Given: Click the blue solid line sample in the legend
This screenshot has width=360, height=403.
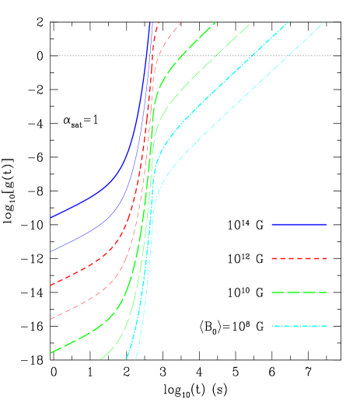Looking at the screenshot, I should [x=299, y=224].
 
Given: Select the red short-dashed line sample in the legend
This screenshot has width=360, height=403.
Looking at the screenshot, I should [x=299, y=258].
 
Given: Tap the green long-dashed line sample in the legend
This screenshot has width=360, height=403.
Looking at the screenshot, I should [x=299, y=292].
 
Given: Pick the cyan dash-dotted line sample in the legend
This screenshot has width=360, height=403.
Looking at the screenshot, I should [x=299, y=326].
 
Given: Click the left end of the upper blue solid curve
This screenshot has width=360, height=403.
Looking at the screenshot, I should [x=51, y=218].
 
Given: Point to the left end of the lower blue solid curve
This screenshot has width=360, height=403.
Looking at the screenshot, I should [x=51, y=251].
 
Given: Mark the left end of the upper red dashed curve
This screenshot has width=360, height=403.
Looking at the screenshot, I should [x=51, y=285].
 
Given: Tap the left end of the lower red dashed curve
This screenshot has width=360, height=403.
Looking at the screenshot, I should [x=51, y=319].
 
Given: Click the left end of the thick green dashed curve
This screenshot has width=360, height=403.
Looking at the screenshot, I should [x=51, y=352].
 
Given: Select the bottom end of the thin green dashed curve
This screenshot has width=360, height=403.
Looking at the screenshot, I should [x=100, y=359].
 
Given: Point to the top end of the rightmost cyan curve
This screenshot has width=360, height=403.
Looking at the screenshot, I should [x=324, y=23].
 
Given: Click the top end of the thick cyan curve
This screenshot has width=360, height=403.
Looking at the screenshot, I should [x=288, y=23].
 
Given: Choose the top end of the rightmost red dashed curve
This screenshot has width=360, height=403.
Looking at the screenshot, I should [x=181, y=23].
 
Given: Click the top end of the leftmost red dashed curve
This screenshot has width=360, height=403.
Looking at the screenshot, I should [x=159, y=23].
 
